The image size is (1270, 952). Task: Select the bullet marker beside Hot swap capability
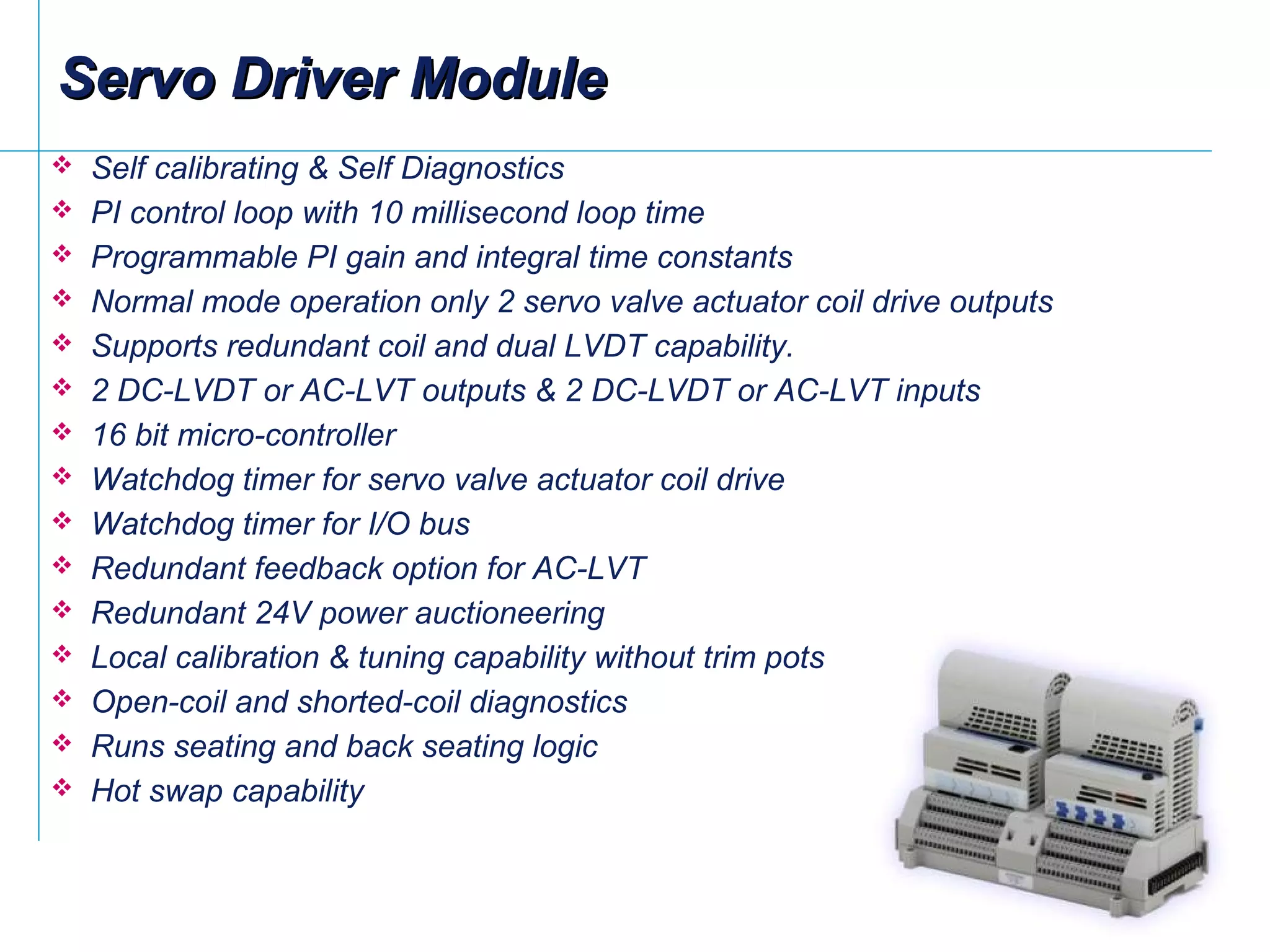[x=62, y=788]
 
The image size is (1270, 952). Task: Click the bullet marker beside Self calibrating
[x=62, y=165]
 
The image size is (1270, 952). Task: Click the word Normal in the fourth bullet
[x=141, y=302]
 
